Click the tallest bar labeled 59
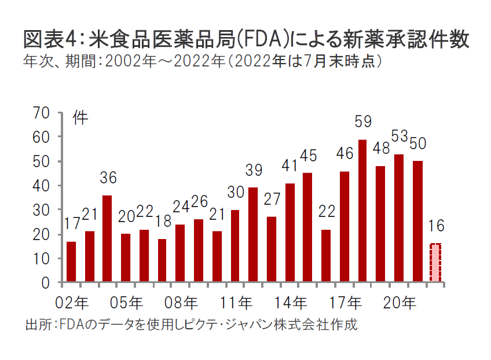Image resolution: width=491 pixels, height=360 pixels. point(362,211)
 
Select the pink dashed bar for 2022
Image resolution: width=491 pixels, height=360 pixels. point(435,263)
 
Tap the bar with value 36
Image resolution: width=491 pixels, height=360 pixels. point(107,239)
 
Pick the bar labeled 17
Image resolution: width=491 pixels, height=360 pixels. point(71,262)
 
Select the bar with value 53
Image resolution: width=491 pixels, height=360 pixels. point(399,218)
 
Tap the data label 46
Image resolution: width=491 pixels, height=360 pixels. point(345,154)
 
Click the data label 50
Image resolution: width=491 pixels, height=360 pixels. point(418,144)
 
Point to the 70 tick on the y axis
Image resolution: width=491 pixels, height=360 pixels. point(44,113)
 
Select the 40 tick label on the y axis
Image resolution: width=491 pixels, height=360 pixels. point(44,186)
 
